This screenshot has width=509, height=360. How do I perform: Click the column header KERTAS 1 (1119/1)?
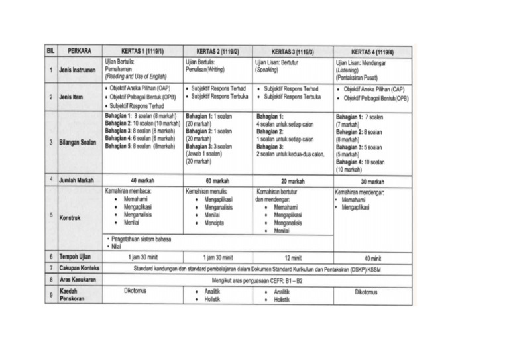[142, 52]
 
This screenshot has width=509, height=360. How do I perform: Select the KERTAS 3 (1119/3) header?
[292, 52]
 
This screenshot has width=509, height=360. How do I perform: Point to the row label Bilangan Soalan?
[83, 142]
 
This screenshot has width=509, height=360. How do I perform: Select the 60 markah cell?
[217, 180]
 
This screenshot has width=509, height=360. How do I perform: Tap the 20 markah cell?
[292, 180]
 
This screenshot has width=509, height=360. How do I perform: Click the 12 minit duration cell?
[292, 257]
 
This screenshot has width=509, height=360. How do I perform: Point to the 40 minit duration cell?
[372, 258]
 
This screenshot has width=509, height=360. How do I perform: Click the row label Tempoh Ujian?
[80, 257]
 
